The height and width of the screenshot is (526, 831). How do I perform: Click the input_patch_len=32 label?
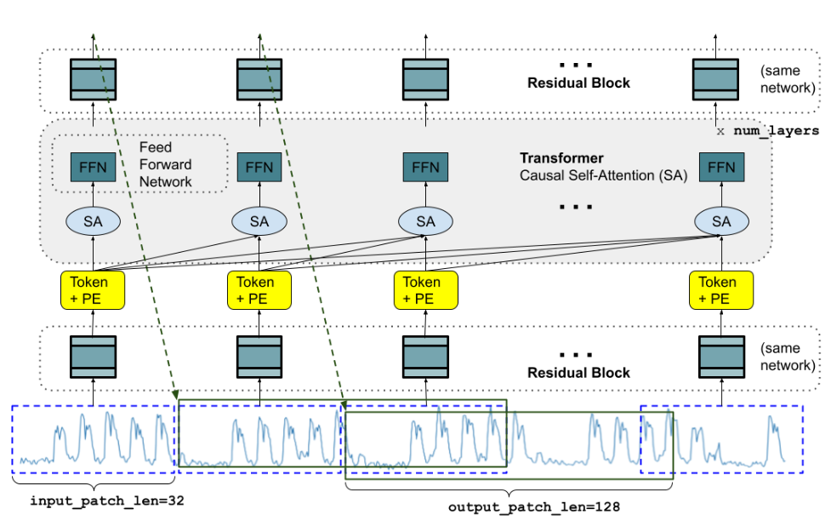click(107, 500)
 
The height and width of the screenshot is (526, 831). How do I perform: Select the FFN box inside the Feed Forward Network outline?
click(93, 167)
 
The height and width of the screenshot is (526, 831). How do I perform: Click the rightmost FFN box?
click(721, 167)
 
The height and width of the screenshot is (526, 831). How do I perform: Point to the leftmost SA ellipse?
click(93, 221)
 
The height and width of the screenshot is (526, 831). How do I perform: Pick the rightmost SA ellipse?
click(721, 221)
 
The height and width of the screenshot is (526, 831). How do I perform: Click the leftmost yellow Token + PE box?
click(93, 290)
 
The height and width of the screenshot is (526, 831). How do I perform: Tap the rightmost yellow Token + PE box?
click(721, 290)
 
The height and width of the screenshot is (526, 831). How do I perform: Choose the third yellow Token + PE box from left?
click(426, 290)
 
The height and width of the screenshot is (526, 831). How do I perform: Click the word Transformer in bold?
click(561, 158)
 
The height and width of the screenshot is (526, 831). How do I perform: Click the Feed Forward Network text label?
click(166, 164)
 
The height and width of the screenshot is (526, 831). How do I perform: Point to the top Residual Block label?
click(578, 83)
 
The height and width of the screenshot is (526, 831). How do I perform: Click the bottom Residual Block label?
click(578, 372)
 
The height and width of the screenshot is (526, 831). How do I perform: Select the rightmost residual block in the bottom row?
click(721, 357)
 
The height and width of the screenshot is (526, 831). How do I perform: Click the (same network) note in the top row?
click(787, 80)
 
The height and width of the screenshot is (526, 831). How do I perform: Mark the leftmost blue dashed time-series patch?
click(93, 439)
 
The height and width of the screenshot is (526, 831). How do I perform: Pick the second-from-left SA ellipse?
click(259, 221)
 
